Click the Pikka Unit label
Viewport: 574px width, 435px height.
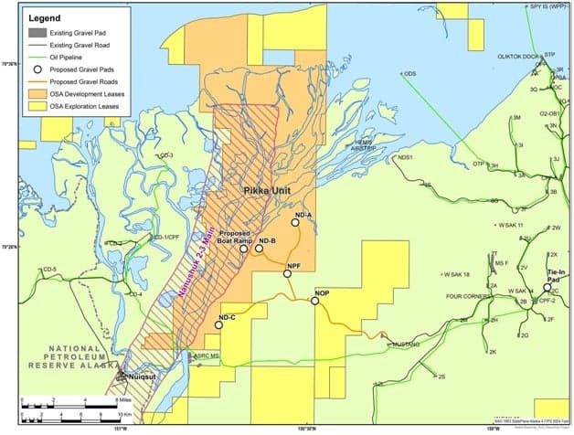(x=268, y=190)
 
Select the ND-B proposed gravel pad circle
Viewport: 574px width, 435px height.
(x=260, y=248)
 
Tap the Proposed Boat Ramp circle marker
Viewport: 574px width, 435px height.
(x=244, y=249)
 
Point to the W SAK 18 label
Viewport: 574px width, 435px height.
(x=455, y=274)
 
